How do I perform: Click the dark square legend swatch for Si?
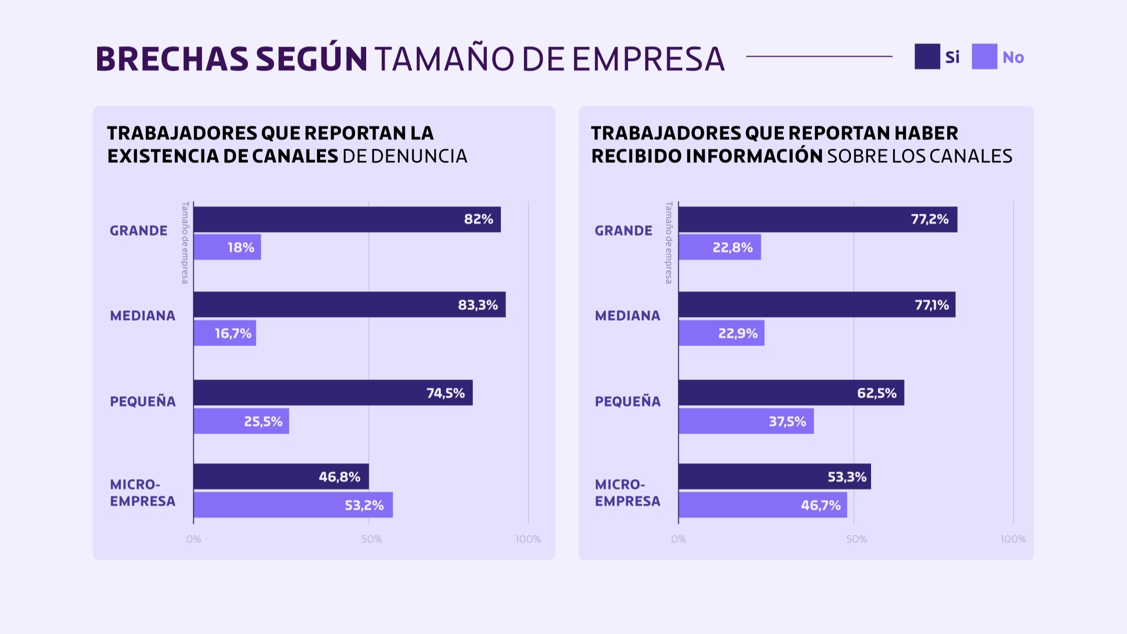927,57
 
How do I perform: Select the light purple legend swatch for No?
984,57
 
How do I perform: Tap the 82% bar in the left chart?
347,219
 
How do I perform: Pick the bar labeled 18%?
227,247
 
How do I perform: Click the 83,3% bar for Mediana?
349,304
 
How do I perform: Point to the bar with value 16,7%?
224,333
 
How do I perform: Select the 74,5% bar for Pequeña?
333,393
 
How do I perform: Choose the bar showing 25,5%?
241,421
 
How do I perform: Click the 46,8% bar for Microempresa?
281,476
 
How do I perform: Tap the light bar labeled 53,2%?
293,505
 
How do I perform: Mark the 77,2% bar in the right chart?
817,219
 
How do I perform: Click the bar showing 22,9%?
721,333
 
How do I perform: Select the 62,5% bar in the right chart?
791,393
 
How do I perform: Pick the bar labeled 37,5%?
746,421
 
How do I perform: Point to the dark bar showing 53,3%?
774,476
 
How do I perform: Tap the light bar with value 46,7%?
762,505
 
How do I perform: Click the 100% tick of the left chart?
528,539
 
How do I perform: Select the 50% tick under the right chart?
856,539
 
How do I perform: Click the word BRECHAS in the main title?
172,59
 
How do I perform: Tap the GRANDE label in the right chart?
623,231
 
